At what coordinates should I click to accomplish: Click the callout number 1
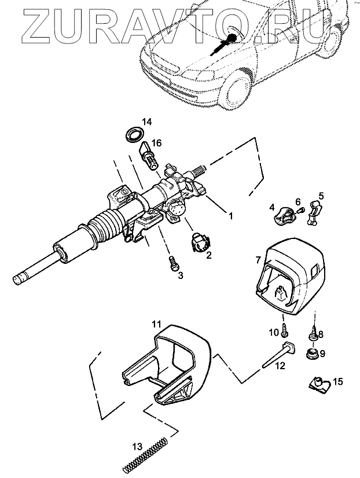(230, 216)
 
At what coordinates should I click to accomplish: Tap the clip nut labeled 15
(317, 384)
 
